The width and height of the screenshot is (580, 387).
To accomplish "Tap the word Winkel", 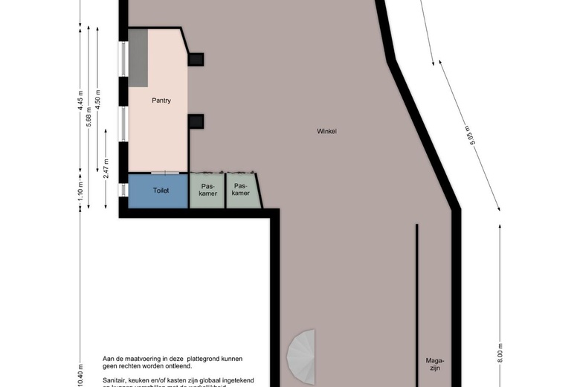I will pos(326,131).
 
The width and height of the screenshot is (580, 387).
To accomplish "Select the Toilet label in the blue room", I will pos(161,191).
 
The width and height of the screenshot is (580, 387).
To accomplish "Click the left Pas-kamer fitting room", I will pos(207,190).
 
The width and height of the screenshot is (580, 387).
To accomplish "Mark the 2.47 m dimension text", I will pos(106,166).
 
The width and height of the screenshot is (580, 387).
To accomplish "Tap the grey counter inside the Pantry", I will pos(138,57).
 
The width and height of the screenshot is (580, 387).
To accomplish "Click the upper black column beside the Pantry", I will pos(196,60).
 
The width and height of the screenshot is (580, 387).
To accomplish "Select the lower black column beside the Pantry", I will pos(196,121).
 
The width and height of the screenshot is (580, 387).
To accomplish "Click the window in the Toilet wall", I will pos(123,191).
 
